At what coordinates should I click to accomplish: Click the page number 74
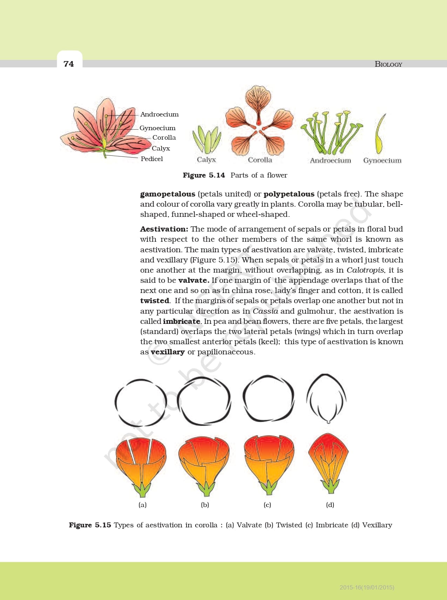click(69, 64)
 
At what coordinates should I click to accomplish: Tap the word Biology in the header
click(388, 64)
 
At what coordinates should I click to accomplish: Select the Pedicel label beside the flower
click(152, 159)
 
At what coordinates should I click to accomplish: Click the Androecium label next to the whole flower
click(159, 114)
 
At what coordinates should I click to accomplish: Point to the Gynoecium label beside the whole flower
click(157, 128)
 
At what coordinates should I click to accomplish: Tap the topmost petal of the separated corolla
click(258, 102)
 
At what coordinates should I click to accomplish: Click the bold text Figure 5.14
click(204, 175)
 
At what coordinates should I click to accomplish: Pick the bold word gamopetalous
click(168, 194)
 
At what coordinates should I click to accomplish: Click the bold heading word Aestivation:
click(164, 229)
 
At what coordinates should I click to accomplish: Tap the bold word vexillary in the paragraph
click(168, 352)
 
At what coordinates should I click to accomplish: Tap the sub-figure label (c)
click(267, 505)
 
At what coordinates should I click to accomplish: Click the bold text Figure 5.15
click(90, 525)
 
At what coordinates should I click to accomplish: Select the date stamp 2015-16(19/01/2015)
click(367, 587)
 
